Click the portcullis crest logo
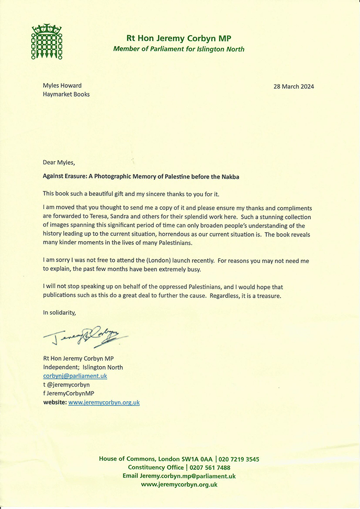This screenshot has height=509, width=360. coord(47,40)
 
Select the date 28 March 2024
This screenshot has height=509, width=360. coord(294,86)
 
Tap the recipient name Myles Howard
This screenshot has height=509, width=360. coord(62,85)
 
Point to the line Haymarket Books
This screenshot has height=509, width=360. coord(66,94)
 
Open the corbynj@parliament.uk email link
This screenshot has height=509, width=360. coord(75,376)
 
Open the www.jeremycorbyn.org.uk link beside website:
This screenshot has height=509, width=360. coord(104,402)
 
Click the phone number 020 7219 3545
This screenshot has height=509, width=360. coord(239,459)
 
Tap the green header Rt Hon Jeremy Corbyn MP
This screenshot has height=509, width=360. coord(178,38)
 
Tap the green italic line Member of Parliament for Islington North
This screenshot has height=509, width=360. coord(179,49)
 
